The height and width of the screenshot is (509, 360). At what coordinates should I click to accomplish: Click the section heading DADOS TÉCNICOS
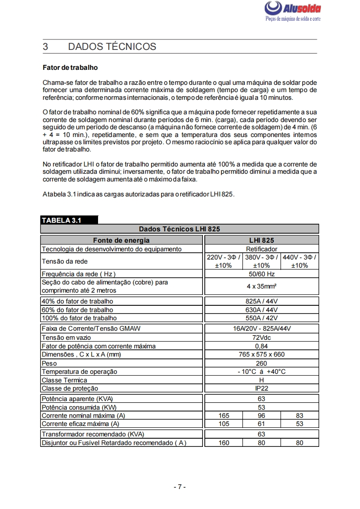pos(112,47)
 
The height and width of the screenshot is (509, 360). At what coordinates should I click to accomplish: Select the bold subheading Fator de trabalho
pos(70,68)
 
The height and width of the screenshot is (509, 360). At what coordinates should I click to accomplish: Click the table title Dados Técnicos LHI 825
pos(179,229)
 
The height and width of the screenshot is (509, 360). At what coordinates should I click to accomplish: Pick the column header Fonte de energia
pos(121,240)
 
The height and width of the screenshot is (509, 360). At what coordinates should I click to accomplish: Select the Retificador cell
pos(261,249)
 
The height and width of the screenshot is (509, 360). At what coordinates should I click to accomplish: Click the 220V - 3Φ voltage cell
pos(223,261)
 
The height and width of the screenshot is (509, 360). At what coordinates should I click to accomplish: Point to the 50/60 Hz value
pos(261,274)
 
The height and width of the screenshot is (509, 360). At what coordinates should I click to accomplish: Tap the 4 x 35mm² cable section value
pos(261,286)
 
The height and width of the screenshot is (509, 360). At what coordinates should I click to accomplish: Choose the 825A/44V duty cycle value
pos(261,301)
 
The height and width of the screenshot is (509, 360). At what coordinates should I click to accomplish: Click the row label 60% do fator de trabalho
pos(77,310)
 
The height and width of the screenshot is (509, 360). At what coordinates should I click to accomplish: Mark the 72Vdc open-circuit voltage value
pos(261,338)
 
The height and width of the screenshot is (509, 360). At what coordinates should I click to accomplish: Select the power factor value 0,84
pos(261,346)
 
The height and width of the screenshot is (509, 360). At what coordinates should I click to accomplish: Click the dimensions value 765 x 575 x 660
pos(261,354)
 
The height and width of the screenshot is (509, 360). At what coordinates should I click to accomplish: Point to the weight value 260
pos(261,363)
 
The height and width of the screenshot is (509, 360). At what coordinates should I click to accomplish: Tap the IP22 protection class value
pos(261,388)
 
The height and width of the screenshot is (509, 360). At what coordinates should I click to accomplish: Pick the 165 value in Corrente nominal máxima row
pos(223,416)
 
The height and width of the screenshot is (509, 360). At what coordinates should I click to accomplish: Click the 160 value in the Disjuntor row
pos(223,443)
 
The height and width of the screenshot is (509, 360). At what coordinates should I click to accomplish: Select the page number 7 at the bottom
pos(180,487)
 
